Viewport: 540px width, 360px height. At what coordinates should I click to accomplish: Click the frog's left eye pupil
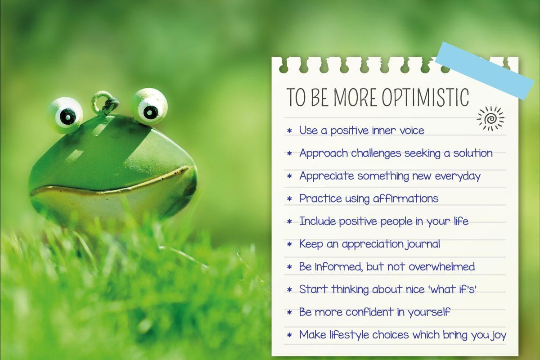(67, 117)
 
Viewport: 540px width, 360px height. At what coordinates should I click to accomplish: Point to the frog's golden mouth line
(110, 183)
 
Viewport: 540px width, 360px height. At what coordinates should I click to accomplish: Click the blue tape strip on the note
(485, 70)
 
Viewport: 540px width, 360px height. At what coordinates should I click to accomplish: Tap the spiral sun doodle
(490, 118)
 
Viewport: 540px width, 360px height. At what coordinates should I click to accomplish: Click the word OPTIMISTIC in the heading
(426, 97)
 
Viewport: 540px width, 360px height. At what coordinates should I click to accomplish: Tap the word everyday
(458, 176)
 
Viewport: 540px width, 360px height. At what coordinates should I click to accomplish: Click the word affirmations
(406, 198)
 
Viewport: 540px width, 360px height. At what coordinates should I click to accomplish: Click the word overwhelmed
(441, 266)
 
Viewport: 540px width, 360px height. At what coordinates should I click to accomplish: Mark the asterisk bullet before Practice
(289, 199)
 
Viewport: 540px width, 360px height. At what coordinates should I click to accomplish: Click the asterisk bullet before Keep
(289, 244)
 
